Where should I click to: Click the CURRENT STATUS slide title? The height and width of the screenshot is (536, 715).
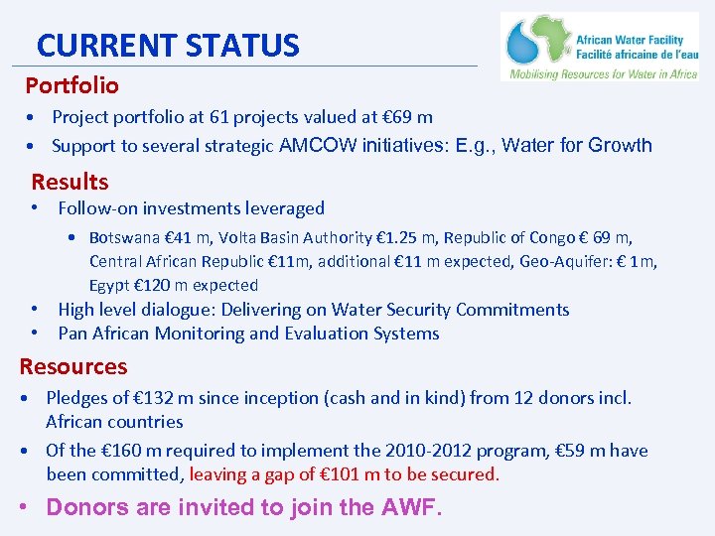point(167,46)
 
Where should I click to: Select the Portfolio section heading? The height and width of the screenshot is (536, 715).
point(71,86)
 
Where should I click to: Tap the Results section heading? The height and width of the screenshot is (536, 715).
point(70,182)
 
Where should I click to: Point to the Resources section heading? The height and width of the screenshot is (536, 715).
point(73,366)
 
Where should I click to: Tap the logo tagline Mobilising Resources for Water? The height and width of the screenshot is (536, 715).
point(603,73)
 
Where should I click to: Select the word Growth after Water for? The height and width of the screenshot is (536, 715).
point(620,146)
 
